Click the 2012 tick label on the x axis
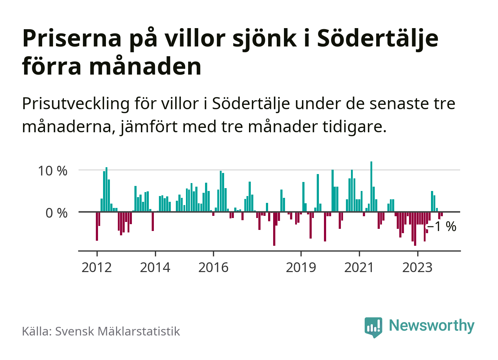click(97, 267)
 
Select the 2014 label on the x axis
click(155, 267)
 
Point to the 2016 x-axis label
click(213, 267)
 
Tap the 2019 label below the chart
click(301, 267)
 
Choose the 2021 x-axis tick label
click(359, 267)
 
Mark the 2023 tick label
click(417, 267)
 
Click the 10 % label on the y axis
click(53, 171)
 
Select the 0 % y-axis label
click(57, 213)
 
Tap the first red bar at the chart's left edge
click(97, 226)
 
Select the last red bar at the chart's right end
click(442, 214)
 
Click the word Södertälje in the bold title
click(378, 38)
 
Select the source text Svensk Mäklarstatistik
click(117, 331)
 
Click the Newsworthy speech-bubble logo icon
click(373, 326)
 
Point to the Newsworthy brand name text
click(432, 325)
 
